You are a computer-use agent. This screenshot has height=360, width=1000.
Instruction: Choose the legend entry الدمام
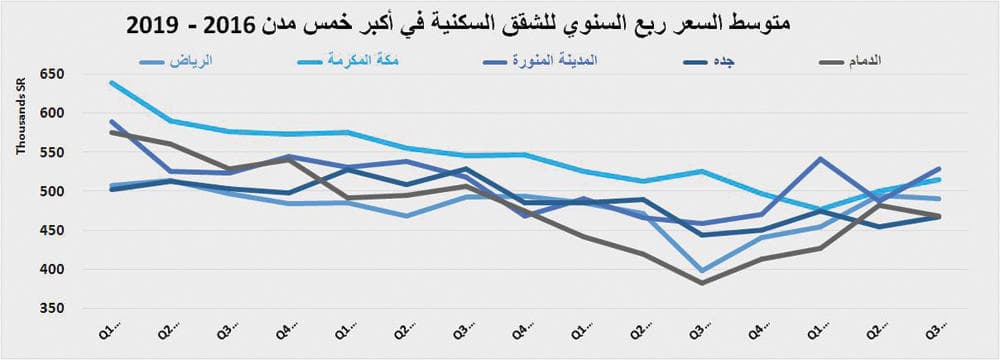tap(884, 61)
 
